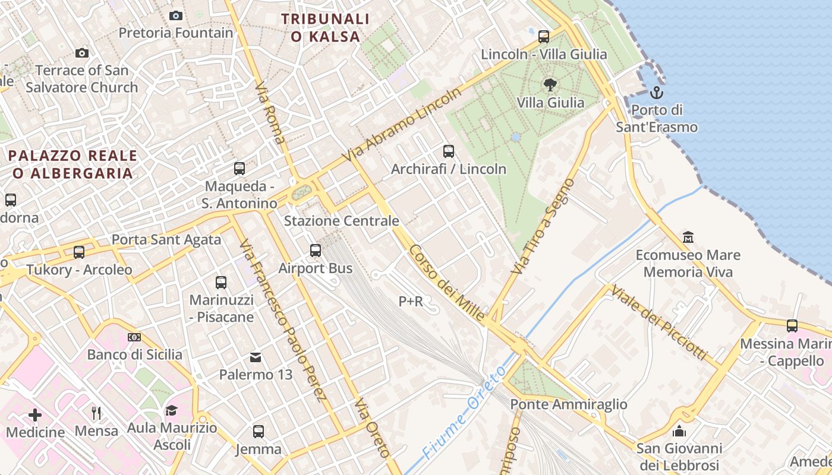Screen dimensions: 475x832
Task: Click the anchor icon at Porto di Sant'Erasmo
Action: tap(656, 93)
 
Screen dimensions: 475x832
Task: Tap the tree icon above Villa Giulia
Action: tap(550, 85)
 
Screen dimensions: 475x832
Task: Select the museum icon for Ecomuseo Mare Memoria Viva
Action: tap(688, 237)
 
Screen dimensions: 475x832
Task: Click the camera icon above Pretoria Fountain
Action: tap(176, 15)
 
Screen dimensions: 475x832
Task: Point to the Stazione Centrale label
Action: tap(341, 221)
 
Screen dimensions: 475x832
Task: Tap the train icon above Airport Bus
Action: tap(316, 251)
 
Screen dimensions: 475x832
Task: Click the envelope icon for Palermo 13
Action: tap(256, 357)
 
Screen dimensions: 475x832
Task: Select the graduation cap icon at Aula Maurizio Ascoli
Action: tap(172, 410)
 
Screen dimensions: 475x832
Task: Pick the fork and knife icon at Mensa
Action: tap(96, 413)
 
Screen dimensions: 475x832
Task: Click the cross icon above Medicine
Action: tap(35, 414)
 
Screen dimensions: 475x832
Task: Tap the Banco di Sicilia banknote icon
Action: tap(134, 337)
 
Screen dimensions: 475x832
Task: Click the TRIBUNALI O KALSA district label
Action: tap(326, 27)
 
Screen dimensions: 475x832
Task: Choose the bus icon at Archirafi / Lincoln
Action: tap(449, 151)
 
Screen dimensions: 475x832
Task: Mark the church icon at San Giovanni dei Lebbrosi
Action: tap(679, 431)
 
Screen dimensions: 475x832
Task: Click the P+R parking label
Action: tap(411, 302)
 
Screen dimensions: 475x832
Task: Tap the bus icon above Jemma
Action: tap(259, 432)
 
